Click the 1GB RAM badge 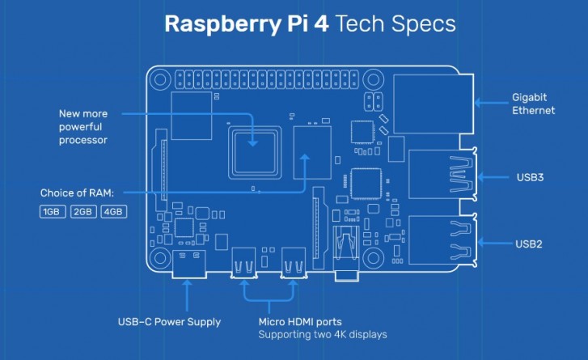pos(52,212)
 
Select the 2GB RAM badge pos(82,212)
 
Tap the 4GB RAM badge pos(112,212)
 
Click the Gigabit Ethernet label pos(533,103)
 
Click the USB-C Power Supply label pos(169,322)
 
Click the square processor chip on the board pos(254,149)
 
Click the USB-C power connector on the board pos(188,263)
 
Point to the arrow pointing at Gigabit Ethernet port pos(489,103)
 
